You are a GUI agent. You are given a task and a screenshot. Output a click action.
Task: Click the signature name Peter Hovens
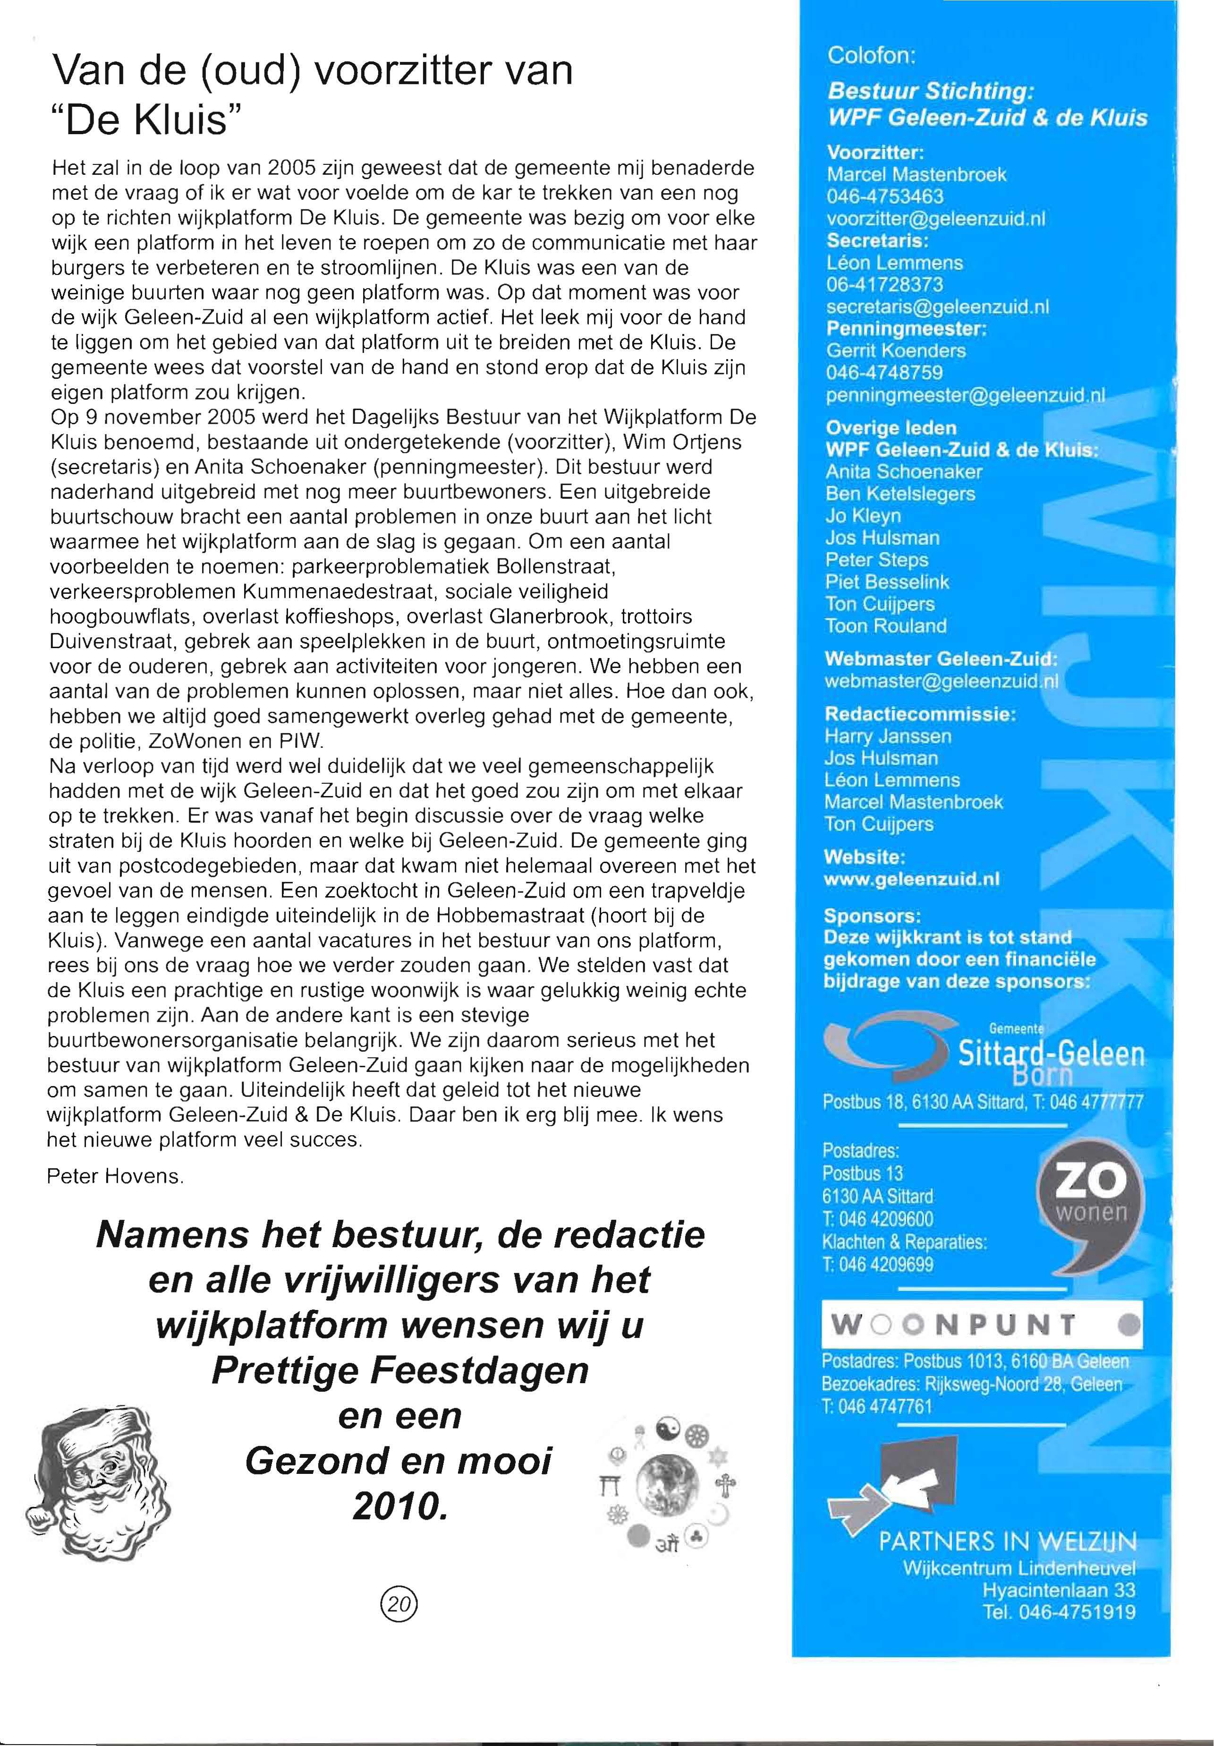pyautogui.click(x=116, y=1176)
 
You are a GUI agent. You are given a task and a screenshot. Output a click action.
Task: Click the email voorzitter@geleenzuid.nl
pyautogui.click(x=936, y=219)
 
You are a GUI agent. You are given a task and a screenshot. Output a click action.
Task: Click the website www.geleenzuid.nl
pyautogui.click(x=911, y=880)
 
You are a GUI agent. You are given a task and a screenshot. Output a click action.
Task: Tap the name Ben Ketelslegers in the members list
pyautogui.click(x=900, y=494)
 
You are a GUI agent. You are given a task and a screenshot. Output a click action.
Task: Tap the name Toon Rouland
pyautogui.click(x=886, y=626)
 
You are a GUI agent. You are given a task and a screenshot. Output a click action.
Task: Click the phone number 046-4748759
pyautogui.click(x=884, y=373)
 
